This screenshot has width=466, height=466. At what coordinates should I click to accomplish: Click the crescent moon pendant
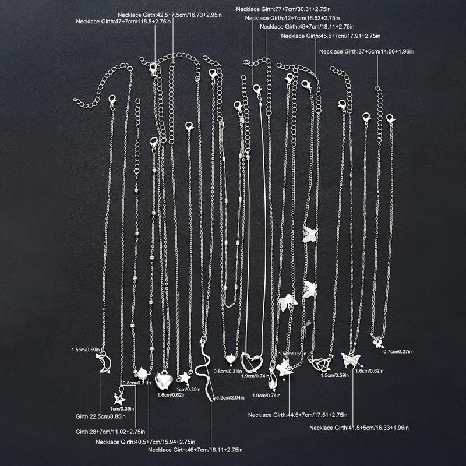[105, 362]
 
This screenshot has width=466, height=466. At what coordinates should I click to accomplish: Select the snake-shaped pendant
[204, 369]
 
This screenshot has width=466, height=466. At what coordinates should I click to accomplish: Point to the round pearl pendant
[142, 373]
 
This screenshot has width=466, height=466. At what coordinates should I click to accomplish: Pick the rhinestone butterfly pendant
[351, 359]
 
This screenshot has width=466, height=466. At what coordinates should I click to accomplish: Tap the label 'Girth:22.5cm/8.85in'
[100, 416]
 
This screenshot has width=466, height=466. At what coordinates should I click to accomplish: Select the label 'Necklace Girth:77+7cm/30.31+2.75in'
[283, 9]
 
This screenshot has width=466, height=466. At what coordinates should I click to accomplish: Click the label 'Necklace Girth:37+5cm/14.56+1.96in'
[366, 51]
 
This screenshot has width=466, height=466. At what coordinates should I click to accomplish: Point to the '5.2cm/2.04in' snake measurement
[230, 397]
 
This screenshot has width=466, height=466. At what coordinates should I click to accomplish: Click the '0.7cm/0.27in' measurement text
[398, 352]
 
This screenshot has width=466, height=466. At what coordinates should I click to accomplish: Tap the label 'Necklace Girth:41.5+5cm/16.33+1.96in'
[359, 428]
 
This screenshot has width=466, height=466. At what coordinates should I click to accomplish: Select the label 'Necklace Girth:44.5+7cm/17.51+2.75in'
[298, 415]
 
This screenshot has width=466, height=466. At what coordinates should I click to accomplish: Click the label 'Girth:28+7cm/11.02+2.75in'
[110, 432]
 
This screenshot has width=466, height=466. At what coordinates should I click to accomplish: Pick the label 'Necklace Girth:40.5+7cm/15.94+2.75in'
[145, 442]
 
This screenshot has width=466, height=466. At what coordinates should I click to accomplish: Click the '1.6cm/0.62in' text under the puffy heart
[171, 395]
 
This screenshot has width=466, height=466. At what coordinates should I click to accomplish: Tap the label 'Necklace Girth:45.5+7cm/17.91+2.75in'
[330, 36]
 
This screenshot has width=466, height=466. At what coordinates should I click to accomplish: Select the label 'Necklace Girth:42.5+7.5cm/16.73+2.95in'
[170, 15]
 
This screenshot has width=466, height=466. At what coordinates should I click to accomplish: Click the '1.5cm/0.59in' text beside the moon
[86, 349]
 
